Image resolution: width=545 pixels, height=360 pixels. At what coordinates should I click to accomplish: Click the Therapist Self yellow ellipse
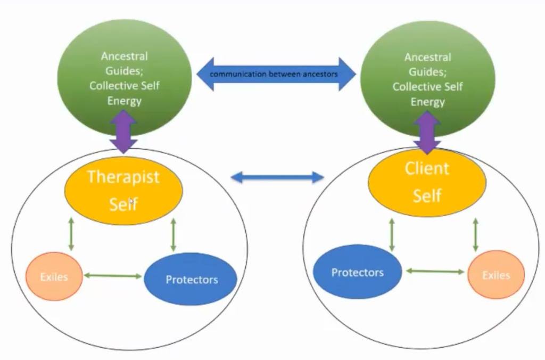click(x=123, y=190)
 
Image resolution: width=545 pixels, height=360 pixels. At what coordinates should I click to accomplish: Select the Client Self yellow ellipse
click(x=427, y=182)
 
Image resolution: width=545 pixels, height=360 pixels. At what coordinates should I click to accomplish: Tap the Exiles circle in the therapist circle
click(x=54, y=277)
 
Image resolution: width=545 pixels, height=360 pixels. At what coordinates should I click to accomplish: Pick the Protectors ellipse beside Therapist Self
click(x=191, y=279)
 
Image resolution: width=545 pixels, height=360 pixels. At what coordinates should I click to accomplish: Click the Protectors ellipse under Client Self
click(x=357, y=272)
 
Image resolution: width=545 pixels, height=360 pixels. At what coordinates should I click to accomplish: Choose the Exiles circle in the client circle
click(x=496, y=275)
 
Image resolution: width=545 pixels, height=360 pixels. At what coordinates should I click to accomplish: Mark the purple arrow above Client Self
click(x=427, y=133)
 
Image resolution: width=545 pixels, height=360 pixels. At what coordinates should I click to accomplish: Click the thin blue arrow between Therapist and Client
click(x=277, y=177)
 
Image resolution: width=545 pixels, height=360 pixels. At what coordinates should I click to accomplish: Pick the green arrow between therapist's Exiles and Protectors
click(x=113, y=276)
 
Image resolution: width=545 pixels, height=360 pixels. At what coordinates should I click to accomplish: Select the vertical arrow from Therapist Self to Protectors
click(x=173, y=234)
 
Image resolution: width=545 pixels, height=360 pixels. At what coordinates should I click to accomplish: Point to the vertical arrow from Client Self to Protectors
click(x=392, y=234)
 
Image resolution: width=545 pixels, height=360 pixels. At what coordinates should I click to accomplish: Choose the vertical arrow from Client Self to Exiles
click(x=475, y=234)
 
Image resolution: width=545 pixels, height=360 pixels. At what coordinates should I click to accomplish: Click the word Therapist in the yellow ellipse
click(x=123, y=177)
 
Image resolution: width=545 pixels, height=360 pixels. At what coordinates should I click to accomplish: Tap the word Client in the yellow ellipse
click(x=427, y=169)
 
